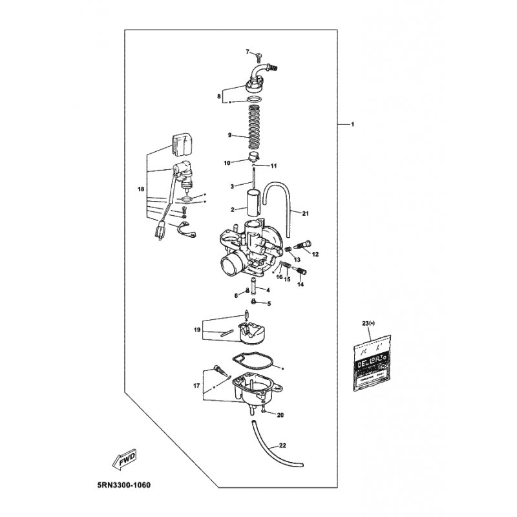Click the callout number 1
tap(353, 123)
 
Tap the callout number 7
tap(247, 51)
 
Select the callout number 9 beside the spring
tap(229, 135)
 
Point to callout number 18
tap(141, 189)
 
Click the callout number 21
tap(306, 213)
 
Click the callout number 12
tap(316, 254)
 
